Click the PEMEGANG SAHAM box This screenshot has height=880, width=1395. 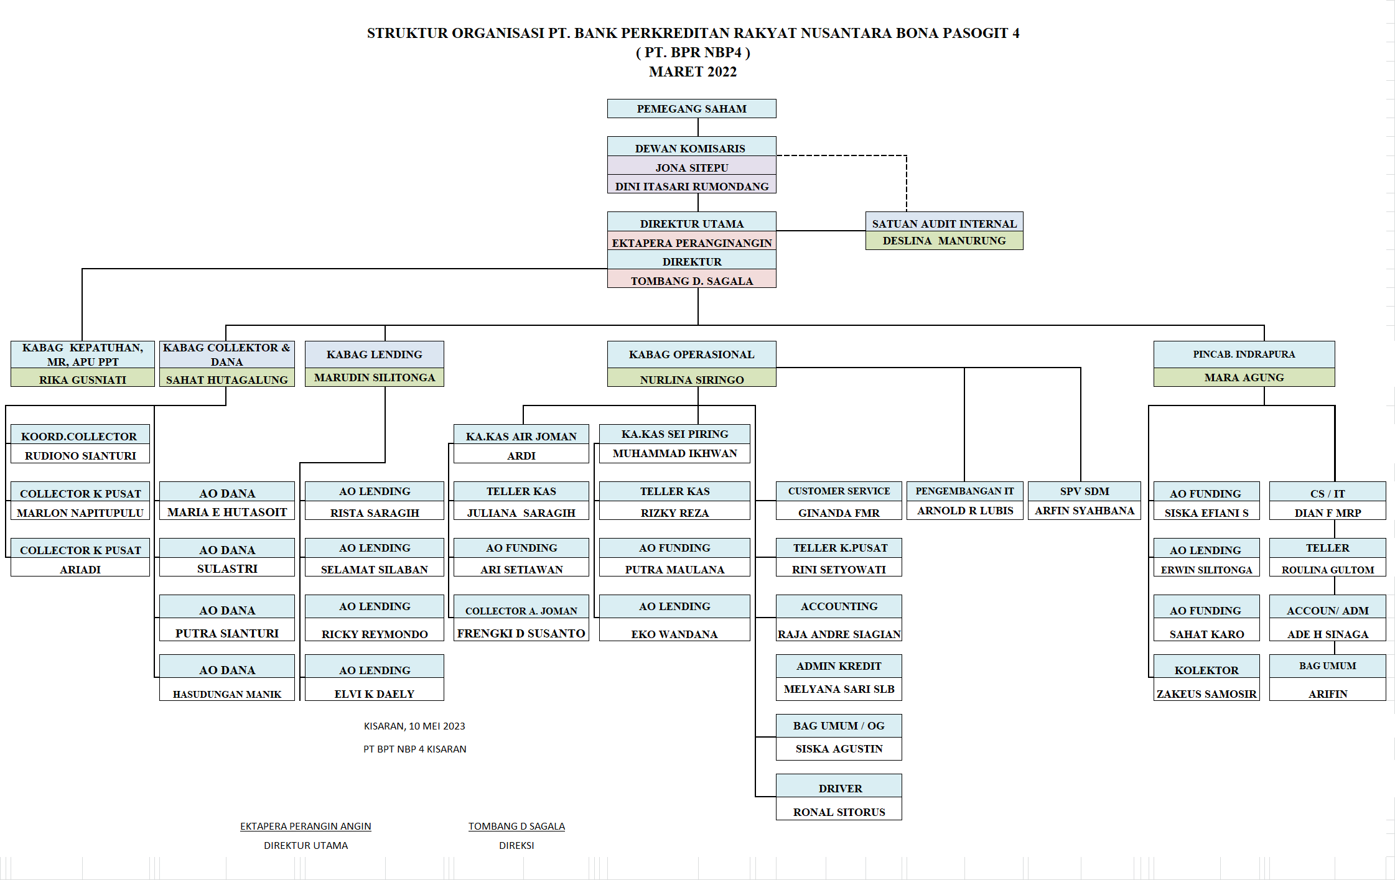pyautogui.click(x=691, y=109)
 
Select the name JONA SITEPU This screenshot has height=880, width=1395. pyautogui.click(x=691, y=167)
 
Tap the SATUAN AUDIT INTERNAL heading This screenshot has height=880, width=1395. pyautogui.click(x=944, y=223)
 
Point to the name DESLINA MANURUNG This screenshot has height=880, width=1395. pyautogui.click(x=944, y=241)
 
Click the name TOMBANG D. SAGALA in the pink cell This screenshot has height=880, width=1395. pyautogui.click(x=691, y=280)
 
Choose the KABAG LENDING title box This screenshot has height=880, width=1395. pyautogui.click(x=374, y=354)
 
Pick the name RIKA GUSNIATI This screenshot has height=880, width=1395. pyautogui.click(x=82, y=379)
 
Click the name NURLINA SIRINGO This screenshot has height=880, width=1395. pyautogui.click(x=691, y=379)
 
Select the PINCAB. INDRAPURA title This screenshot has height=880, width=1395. pyautogui.click(x=1243, y=354)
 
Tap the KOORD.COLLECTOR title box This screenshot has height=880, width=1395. pyautogui.click(x=79, y=436)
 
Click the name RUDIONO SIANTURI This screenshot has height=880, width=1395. pyautogui.click(x=80, y=455)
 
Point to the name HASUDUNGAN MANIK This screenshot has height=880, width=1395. pyautogui.click(x=226, y=693)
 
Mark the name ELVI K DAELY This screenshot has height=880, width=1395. pyautogui.click(x=374, y=693)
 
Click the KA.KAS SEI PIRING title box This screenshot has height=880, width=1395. pyautogui.click(x=674, y=434)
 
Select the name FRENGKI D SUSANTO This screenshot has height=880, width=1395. pyautogui.click(x=521, y=633)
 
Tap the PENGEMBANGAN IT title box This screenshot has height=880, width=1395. pyautogui.click(x=964, y=491)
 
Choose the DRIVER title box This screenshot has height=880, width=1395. pyautogui.click(x=840, y=788)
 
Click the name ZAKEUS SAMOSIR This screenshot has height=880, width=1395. pyautogui.click(x=1206, y=693)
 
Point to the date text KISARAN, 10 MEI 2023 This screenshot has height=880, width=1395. pyautogui.click(x=414, y=726)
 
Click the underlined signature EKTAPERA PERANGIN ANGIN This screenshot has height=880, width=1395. pyautogui.click(x=306, y=826)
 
